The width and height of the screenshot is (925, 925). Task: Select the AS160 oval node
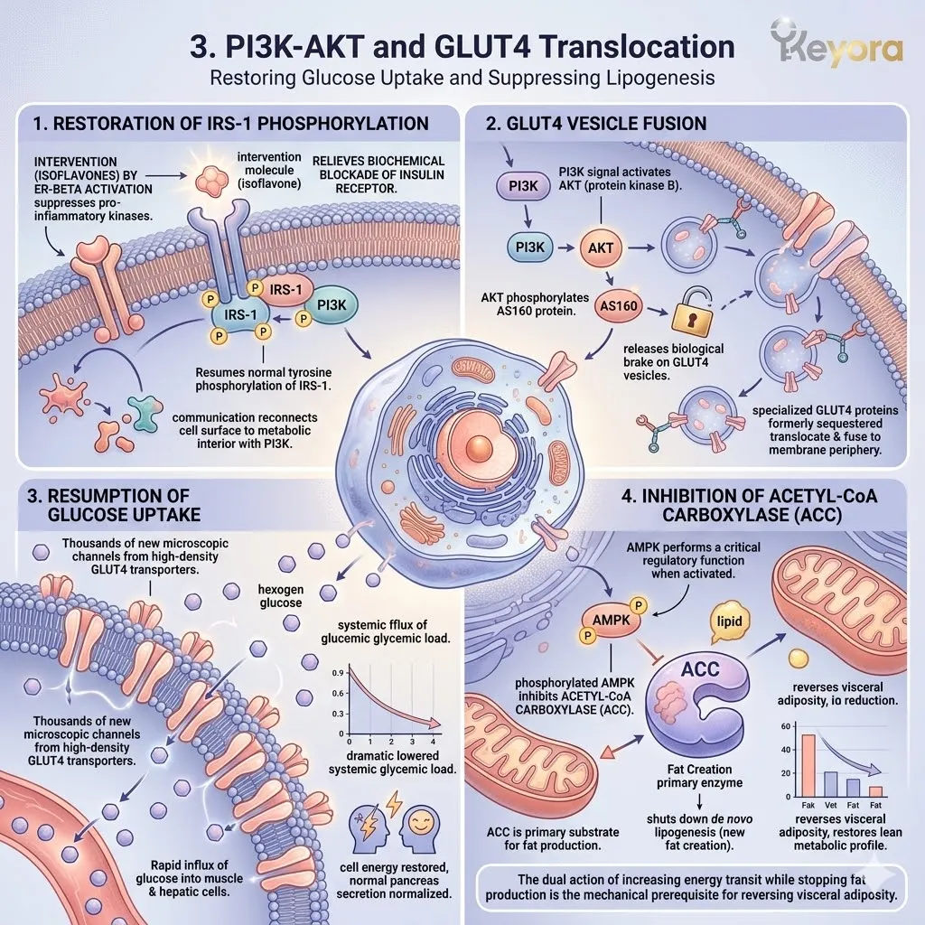tap(619, 306)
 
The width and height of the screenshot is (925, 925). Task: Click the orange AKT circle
tap(601, 248)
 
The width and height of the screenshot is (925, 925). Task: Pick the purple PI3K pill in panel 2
tap(523, 186)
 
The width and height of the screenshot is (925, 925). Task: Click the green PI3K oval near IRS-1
tap(331, 305)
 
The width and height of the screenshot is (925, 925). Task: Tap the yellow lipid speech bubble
tap(729, 622)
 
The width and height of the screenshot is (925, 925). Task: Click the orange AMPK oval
tap(612, 620)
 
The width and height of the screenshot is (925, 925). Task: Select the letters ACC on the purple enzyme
tap(700, 669)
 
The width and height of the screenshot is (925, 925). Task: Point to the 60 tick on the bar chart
tap(785, 726)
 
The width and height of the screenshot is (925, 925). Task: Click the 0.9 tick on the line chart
tap(338, 673)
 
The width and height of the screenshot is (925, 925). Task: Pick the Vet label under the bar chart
tap(831, 805)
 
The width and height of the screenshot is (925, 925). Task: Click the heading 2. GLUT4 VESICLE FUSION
tap(596, 123)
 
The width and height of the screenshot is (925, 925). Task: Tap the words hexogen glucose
tap(281, 596)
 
